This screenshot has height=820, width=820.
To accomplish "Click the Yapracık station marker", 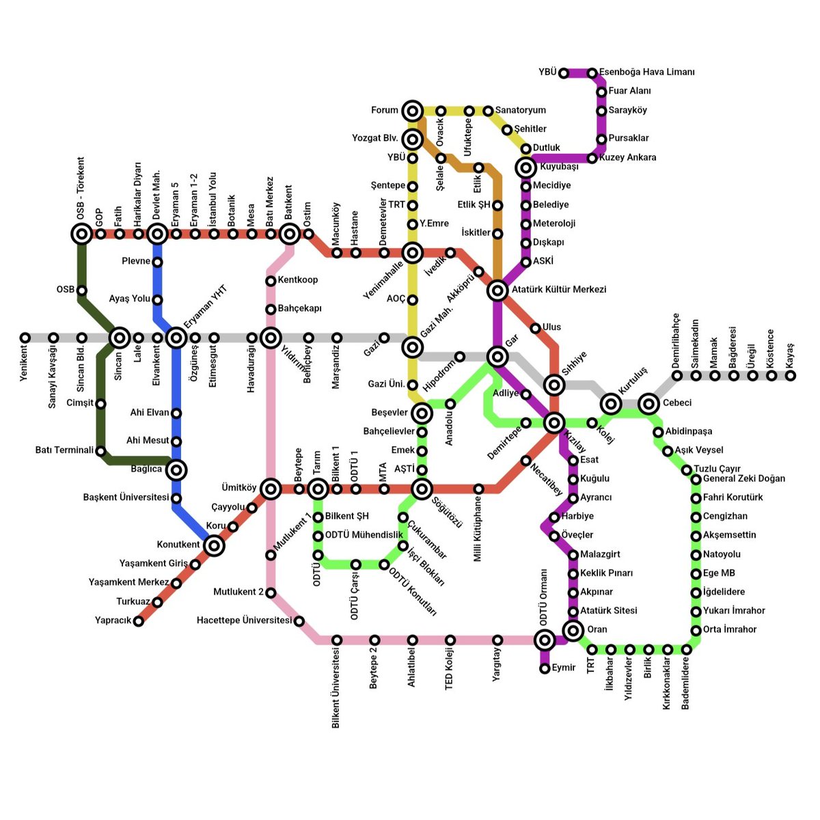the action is pos(139,621).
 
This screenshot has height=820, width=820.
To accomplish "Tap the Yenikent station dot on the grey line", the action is pos(25,338).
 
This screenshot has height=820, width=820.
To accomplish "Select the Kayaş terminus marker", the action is pos(791,375).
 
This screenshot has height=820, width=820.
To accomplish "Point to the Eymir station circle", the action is pos(545,668).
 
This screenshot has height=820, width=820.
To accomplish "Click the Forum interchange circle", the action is pos(412,111).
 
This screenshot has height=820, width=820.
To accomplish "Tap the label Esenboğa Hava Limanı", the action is pos(646,72).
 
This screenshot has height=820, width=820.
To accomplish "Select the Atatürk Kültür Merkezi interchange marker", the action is pos(497,290).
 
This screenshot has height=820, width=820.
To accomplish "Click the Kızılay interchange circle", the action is pos(555,422).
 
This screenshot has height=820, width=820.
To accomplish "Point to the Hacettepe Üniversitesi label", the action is pos(244,620).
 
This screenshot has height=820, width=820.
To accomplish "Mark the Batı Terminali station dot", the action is pos(101,451).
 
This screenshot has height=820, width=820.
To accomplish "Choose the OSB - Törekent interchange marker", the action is pos(82,234).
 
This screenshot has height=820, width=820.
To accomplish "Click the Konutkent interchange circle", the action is pos(215,545).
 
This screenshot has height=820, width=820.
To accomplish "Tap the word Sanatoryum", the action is pos(520,110).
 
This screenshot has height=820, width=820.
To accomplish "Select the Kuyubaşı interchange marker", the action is pos(525,167).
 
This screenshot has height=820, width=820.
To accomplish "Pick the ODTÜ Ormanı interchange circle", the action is pos(545,640).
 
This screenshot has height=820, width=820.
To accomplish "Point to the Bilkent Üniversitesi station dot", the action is pos(337,640).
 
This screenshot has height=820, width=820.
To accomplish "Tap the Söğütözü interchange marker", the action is pos(422,489).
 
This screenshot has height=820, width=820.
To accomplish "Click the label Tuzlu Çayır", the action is pos(717,469).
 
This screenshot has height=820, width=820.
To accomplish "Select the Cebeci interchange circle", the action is pos(648,404).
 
